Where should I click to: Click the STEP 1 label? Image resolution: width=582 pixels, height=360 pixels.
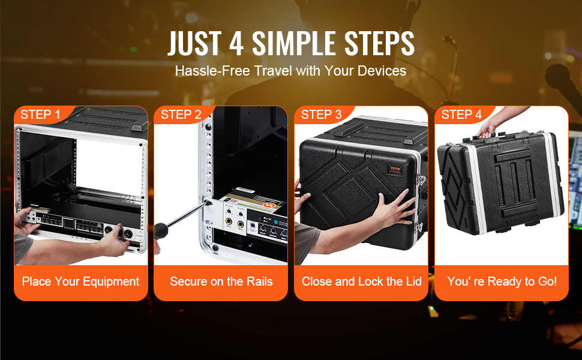(x=40, y=115)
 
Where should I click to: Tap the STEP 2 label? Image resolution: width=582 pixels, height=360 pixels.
(x=181, y=115)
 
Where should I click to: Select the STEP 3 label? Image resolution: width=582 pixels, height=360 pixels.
(x=321, y=115)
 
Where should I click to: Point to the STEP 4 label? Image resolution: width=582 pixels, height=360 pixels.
(x=461, y=115)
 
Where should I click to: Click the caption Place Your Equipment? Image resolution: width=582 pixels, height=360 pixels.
(x=80, y=281)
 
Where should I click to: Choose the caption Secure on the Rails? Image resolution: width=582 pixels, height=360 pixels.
(x=221, y=281)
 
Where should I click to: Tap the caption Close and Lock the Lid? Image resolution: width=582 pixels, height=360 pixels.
(x=362, y=281)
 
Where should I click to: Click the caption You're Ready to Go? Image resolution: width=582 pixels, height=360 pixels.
(x=502, y=281)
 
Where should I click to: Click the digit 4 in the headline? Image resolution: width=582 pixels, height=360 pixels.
(x=236, y=43)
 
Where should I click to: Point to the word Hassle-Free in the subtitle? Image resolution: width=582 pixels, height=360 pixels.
(x=212, y=71)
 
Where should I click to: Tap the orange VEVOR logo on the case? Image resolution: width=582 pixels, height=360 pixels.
(x=395, y=170)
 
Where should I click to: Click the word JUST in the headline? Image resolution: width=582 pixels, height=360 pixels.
(x=194, y=43)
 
